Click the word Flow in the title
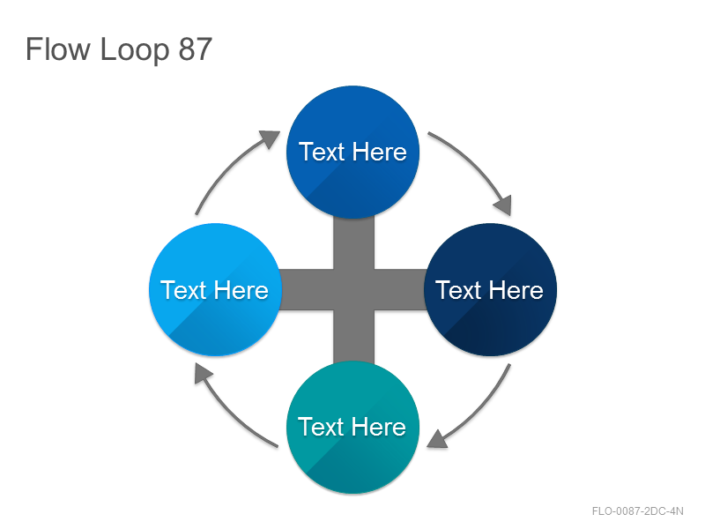coord(58,48)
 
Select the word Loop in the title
coord(135,50)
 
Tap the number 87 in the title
coord(195,49)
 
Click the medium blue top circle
coord(353,152)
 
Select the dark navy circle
coord(491,290)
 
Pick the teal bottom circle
coord(353,428)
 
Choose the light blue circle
coord(215,290)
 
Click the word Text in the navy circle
coord(458,290)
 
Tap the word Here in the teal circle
coord(379,427)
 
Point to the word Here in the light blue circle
coord(241,290)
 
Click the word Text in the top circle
coord(322,152)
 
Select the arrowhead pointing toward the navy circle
coord(503,205)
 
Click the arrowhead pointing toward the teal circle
coord(437,439)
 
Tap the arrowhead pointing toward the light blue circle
coord(203,373)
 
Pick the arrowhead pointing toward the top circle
coord(270,138)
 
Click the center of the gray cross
coord(353,290)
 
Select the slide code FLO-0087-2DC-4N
coord(637,511)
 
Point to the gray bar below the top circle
coord(353,243)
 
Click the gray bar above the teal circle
coord(353,338)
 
